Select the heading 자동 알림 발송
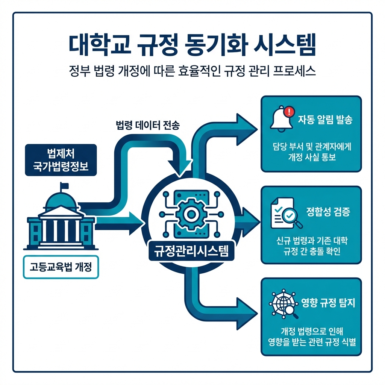325,120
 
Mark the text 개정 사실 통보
311,158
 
